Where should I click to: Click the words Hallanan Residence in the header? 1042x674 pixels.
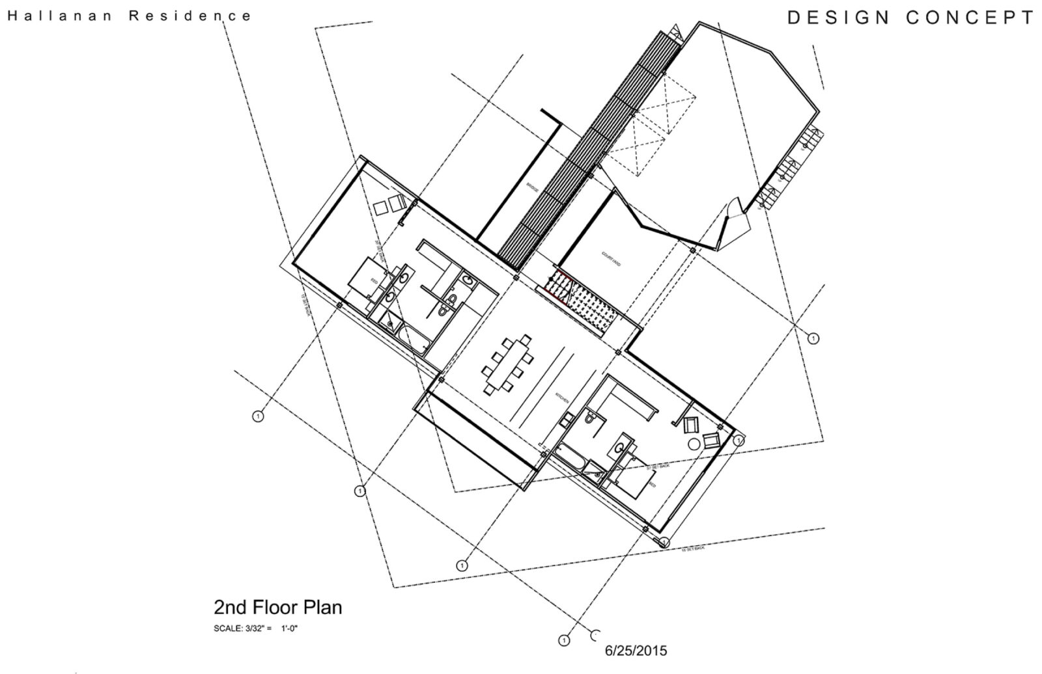click(x=129, y=16)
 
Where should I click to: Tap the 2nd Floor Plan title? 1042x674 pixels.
click(x=277, y=608)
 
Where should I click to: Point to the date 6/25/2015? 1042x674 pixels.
click(x=636, y=650)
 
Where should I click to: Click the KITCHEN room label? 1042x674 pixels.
click(x=562, y=398)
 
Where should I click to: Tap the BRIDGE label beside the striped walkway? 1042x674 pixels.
click(x=533, y=188)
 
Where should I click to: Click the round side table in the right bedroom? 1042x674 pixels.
click(x=694, y=444)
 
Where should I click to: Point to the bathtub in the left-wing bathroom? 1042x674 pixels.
click(x=412, y=339)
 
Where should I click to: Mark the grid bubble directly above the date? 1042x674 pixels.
click(x=563, y=640)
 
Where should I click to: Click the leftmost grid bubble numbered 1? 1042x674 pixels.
click(x=257, y=416)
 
